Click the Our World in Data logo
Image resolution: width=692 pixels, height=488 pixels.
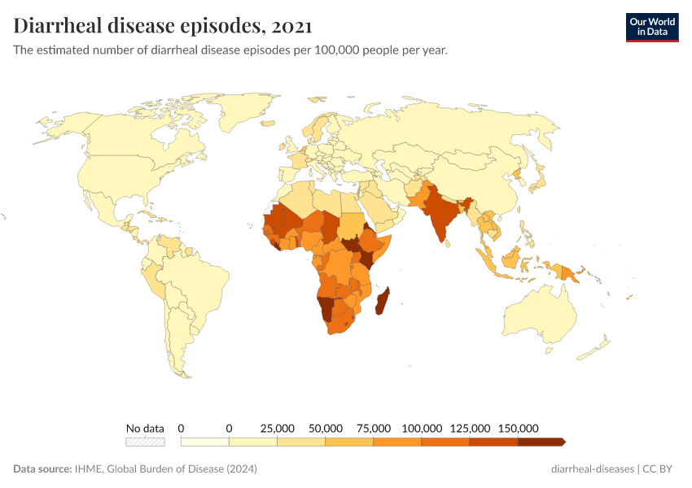point(651,26)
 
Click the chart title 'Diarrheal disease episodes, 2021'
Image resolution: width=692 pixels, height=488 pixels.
point(162,26)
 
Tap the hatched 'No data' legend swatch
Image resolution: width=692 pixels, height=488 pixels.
point(145,442)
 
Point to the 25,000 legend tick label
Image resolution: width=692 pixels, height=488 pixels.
point(277,428)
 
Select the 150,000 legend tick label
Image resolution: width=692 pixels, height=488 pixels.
point(518,428)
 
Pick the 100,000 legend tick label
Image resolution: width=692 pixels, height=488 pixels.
point(422,428)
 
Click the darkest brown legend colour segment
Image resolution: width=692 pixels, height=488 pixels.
point(541,442)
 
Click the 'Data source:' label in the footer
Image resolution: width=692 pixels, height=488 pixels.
point(42,469)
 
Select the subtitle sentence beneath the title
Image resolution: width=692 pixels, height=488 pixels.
point(230,50)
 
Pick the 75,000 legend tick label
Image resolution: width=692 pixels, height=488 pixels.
point(374,428)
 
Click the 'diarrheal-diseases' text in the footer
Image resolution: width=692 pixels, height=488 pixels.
point(592,469)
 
